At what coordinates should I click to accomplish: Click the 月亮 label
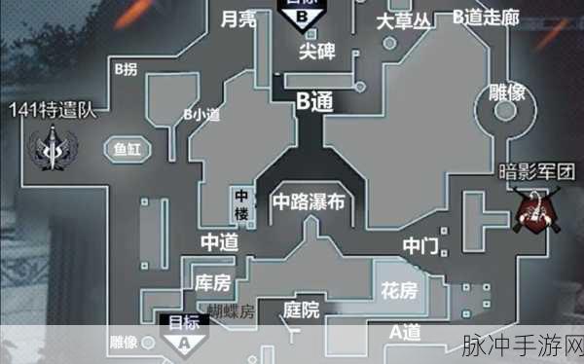click(238, 19)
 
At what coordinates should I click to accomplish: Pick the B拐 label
click(127, 69)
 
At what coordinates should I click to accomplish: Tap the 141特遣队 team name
click(53, 109)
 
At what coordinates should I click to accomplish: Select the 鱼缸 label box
click(127, 151)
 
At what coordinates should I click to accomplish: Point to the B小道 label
click(201, 114)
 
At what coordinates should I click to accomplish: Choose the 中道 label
click(219, 241)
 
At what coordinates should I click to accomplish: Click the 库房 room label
click(212, 283)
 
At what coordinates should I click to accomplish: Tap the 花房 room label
click(398, 291)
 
